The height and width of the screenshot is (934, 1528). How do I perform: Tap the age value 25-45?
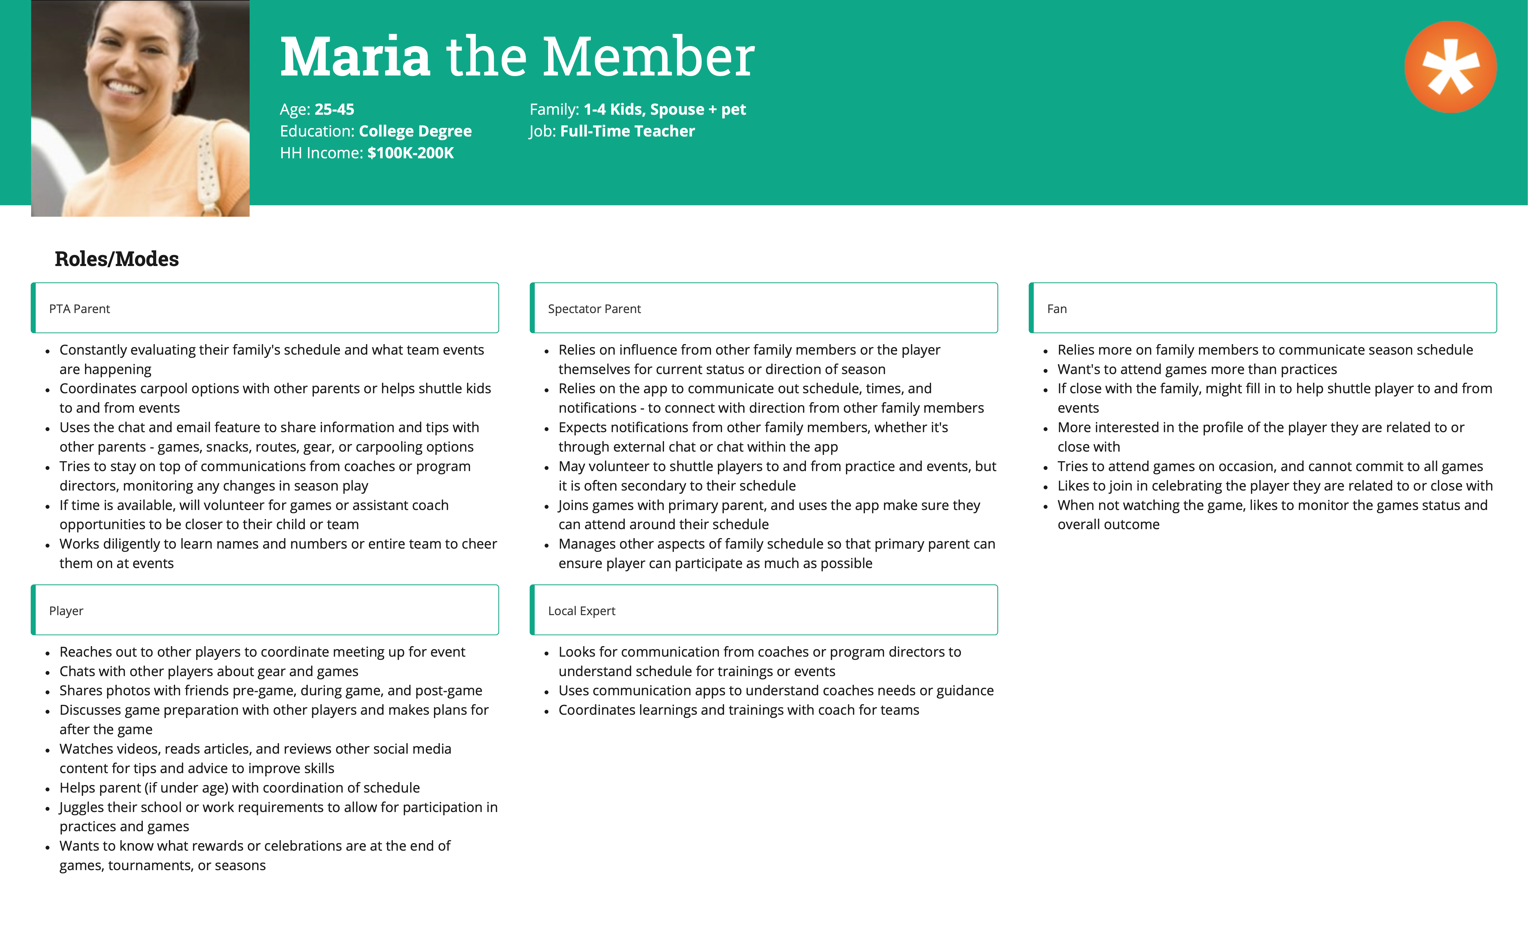334,110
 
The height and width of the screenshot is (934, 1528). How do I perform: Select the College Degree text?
415,132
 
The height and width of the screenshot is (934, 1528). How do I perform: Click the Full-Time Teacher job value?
627,132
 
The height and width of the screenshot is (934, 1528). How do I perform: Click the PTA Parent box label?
79,309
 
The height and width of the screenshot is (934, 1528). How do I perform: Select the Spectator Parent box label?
594,309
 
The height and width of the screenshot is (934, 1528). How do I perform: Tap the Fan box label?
1057,309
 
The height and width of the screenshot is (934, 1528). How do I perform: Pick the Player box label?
66,611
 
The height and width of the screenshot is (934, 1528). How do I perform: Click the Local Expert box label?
581,611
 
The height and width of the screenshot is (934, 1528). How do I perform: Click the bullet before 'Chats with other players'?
48,672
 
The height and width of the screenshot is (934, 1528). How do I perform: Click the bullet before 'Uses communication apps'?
546,691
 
